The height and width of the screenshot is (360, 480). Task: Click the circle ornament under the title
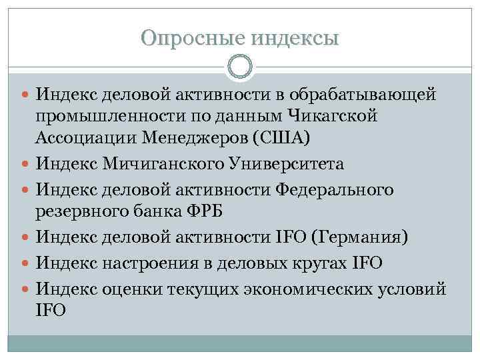pos(240,66)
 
